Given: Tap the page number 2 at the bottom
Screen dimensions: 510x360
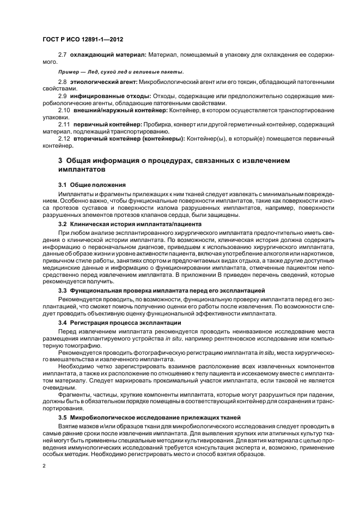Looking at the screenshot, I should pos(43,466).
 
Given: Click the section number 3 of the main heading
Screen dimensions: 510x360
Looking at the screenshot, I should pos(60,161).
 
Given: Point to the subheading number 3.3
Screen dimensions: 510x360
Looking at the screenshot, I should pos(63,292).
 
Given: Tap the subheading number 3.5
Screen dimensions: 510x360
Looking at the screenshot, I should pos(63,417).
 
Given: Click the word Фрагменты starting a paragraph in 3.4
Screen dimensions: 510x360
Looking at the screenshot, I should pos(74,394).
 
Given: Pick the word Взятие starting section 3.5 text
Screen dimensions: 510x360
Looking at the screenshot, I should pos(69,426).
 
